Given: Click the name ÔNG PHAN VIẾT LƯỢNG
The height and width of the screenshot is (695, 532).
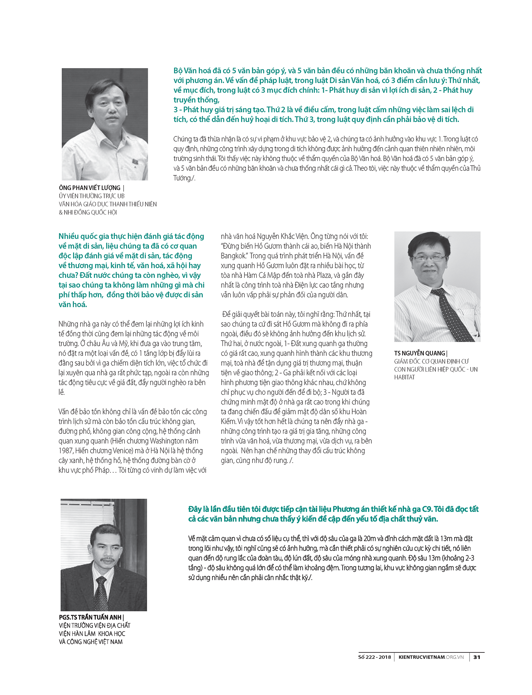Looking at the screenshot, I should point(90,188).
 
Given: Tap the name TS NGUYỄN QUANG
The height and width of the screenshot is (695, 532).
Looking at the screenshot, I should point(420,353).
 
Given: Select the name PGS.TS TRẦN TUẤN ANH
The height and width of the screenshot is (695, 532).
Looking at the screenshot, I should point(90,617).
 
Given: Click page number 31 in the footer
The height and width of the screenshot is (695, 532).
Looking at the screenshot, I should point(477,657).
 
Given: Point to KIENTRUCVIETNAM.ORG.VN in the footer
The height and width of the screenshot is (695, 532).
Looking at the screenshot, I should point(431,657).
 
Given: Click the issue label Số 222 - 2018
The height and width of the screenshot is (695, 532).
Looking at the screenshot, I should point(375,657).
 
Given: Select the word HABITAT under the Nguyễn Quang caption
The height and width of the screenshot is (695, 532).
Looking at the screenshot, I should point(404,377).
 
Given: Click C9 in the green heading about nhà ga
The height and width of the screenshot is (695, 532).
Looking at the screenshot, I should point(427,509).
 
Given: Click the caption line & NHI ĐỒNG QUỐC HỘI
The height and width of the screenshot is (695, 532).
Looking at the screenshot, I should point(88,212).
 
